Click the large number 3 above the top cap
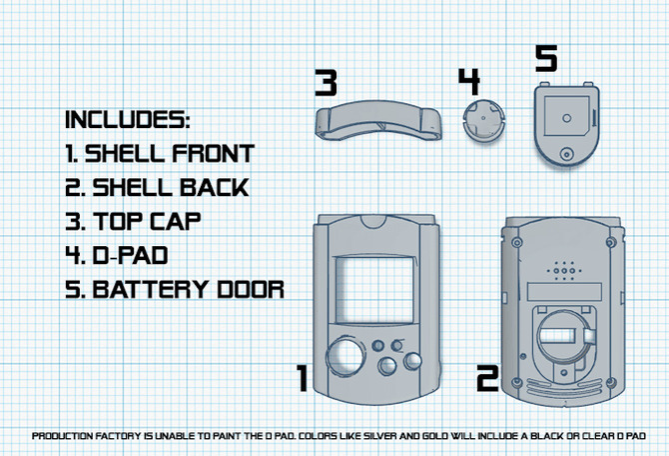[x=326, y=83]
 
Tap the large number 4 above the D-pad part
[x=469, y=82]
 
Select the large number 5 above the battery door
[x=546, y=59]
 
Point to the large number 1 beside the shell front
[x=303, y=378]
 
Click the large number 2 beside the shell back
[x=487, y=378]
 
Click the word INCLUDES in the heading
[x=126, y=120]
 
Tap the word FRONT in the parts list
[x=213, y=153]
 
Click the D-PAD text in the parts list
[x=130, y=255]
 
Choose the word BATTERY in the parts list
[x=151, y=289]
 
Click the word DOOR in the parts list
[x=251, y=289]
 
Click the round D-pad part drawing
[x=483, y=121]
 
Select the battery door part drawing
[x=566, y=124]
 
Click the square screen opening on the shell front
[x=374, y=290]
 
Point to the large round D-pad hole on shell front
[x=345, y=356]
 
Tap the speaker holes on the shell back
[x=563, y=271]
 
